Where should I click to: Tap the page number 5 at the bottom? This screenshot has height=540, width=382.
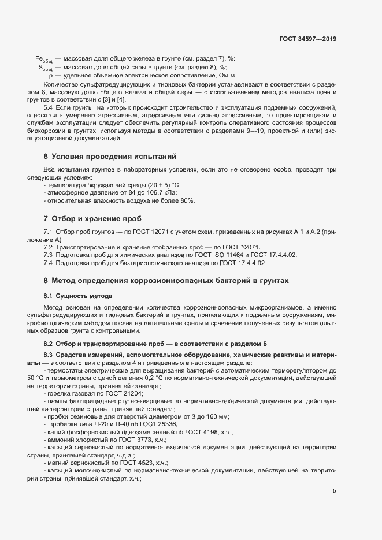click(x=335, y=491)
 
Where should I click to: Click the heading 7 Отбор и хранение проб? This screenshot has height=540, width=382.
click(x=92, y=219)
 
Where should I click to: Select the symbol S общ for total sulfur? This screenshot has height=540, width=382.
click(x=46, y=68)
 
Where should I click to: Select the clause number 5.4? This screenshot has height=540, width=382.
click(x=49, y=108)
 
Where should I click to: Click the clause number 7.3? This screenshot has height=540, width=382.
click(x=49, y=255)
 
